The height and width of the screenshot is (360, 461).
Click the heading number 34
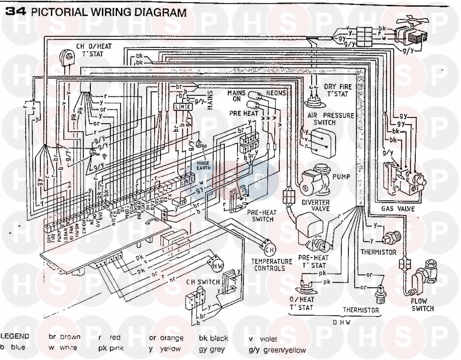click(16, 12)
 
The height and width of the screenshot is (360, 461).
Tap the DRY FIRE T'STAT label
click(337, 90)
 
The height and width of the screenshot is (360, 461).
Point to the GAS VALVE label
click(398, 209)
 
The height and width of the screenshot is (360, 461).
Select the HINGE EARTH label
click(203, 165)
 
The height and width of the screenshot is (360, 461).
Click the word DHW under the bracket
click(341, 322)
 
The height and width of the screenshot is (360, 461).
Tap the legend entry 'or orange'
click(166, 338)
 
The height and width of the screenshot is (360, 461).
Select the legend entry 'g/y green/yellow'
click(277, 350)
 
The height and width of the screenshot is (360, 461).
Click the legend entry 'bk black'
click(213, 338)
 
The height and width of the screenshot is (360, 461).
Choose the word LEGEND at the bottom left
click(15, 336)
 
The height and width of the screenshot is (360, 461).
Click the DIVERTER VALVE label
click(316, 206)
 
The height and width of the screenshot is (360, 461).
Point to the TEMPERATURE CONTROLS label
click(272, 265)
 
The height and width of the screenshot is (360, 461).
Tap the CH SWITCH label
click(203, 282)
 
